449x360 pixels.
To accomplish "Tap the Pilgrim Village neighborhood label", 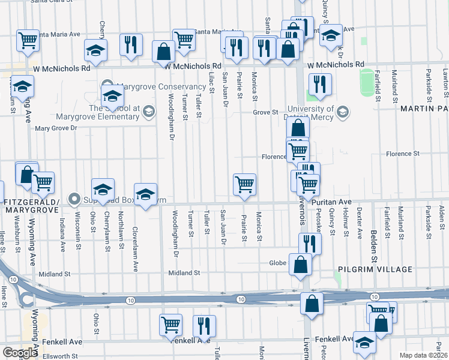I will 374,269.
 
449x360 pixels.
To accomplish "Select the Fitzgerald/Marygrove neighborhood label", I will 31,206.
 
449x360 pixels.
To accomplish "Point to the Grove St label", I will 265,112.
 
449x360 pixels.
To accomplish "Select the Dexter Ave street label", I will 358,223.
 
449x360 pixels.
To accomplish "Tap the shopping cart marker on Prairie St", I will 244,184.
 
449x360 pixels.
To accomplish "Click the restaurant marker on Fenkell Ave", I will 204,326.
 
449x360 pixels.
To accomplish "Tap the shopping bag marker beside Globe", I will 300,264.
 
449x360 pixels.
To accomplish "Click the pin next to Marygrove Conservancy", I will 107,84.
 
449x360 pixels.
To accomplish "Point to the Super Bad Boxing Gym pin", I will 74,198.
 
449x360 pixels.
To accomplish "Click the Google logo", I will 20,353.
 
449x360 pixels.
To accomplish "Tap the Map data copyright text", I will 423,355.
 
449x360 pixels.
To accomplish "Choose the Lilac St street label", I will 211,82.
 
